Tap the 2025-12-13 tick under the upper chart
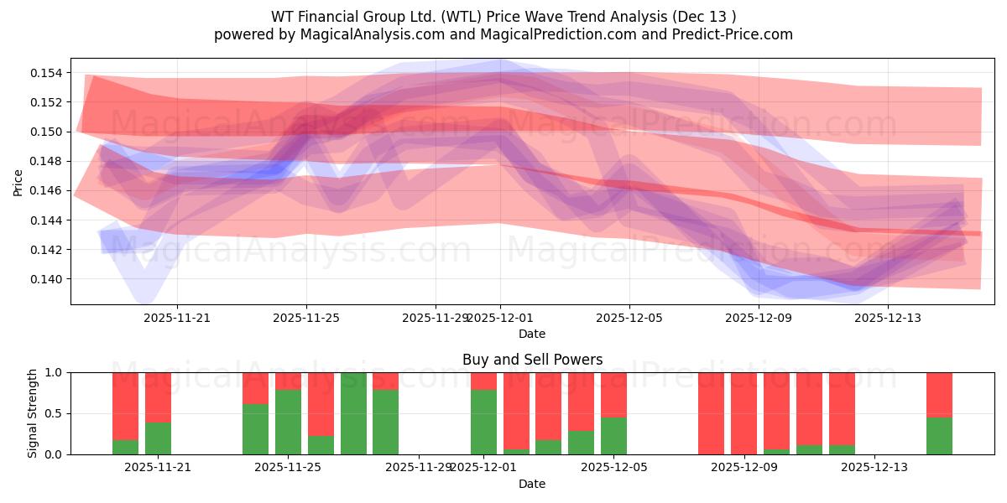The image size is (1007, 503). tap(888, 318)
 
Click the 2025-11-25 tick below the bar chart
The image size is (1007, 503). tap(288, 467)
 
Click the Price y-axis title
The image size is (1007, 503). tap(18, 182)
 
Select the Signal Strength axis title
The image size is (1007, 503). tap(33, 413)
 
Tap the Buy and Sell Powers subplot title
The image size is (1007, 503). tap(532, 360)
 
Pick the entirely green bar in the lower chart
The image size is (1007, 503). tap(353, 413)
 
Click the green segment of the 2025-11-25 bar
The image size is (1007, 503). tap(288, 423)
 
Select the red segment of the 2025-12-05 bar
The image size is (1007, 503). tap(613, 394)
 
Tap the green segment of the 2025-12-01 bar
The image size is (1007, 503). tap(483, 423)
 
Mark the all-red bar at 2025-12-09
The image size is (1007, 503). tap(744, 413)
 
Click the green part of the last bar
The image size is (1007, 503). tap(939, 436)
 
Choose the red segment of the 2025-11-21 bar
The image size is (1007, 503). tap(158, 397)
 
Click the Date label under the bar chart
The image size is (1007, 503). tap(532, 484)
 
